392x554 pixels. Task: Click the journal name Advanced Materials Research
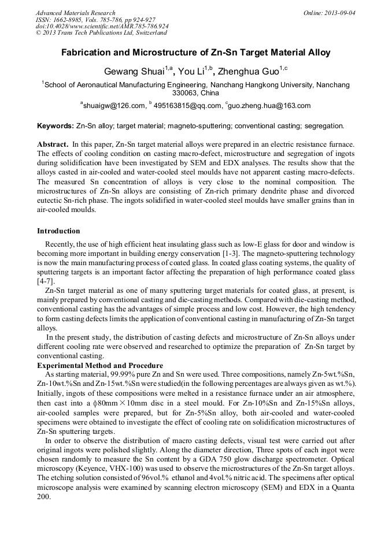pyautogui.click(x=75, y=13)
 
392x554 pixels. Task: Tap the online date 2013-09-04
pyautogui.click(x=338, y=13)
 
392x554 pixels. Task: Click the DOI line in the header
pyautogui.click(x=102, y=27)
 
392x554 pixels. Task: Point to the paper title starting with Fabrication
pyautogui.click(x=196, y=53)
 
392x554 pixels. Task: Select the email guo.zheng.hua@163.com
pyautogui.click(x=270, y=106)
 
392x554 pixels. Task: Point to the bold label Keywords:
pyautogui.click(x=56, y=125)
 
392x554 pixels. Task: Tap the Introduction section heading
pyautogui.click(x=58, y=231)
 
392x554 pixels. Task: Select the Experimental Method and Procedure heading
pyautogui.click(x=100, y=365)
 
